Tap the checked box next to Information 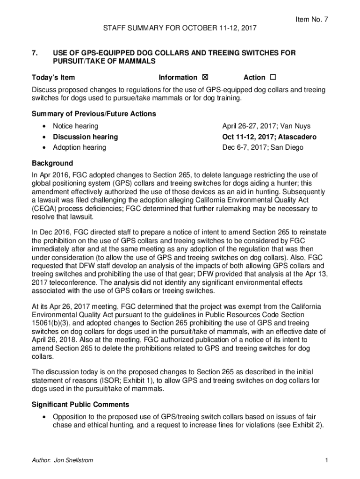pos(204,78)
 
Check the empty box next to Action pos(273,78)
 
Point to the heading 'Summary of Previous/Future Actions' pos(94,114)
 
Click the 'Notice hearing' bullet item pos(75,126)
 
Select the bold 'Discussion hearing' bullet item pos(85,137)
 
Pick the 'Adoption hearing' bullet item pos(79,147)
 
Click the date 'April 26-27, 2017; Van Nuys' pos(266,126)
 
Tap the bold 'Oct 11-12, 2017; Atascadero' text pos(269,137)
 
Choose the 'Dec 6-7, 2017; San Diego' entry pos(263,147)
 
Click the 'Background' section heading pos(52,163)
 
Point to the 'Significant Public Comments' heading pos(80,404)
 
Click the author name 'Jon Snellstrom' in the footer pos(73,460)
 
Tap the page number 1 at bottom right pos(326,460)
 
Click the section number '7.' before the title pos(35,53)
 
